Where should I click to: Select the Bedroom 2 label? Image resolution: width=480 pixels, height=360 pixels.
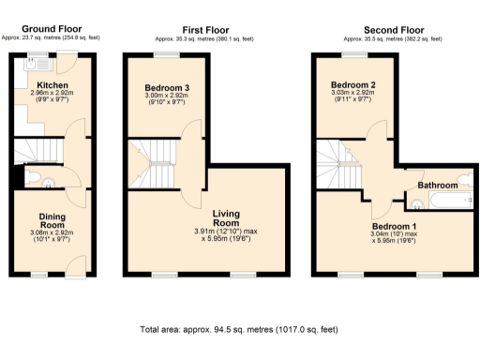(x=352, y=84)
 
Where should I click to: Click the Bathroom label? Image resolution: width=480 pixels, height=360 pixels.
(x=438, y=186)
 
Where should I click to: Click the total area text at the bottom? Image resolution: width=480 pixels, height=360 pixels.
(x=238, y=331)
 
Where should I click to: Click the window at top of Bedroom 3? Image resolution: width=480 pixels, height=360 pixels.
(x=166, y=53)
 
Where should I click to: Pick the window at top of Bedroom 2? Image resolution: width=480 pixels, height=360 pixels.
(x=352, y=53)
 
